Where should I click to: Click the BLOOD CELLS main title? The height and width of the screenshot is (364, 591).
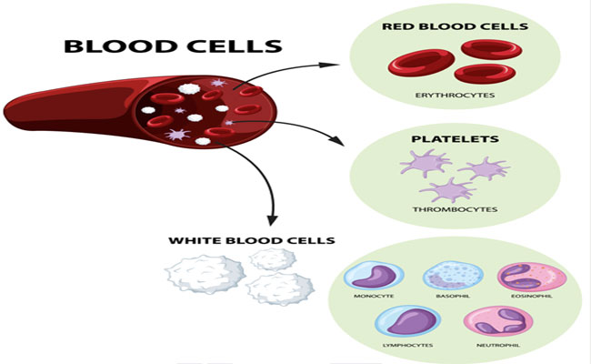tap(173, 46)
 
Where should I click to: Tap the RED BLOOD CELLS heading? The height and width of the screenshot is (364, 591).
tap(455, 26)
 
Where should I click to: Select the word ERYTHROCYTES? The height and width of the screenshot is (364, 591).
tap(455, 95)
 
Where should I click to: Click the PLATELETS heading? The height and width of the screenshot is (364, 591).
tap(455, 139)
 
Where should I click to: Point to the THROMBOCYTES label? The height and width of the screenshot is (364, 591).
tap(455, 209)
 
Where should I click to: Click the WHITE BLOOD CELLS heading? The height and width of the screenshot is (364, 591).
tap(251, 240)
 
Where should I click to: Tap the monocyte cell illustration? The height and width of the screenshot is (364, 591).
tap(374, 276)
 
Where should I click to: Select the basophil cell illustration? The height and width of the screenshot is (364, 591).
tap(453, 276)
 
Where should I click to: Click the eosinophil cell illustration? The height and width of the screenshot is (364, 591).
tap(532, 277)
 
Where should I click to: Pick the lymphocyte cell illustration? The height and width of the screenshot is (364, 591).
tap(408, 321)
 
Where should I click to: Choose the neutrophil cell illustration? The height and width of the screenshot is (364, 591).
tap(498, 321)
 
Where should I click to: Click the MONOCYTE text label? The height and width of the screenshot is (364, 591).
tap(374, 296)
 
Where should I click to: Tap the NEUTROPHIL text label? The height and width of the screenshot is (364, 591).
tap(498, 345)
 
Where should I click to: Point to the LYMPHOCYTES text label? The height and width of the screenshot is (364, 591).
tap(408, 345)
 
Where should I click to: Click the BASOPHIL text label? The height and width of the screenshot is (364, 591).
tap(453, 296)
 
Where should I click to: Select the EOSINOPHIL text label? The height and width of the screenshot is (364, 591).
tap(532, 296)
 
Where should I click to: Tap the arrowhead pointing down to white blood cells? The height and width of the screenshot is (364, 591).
tap(272, 220)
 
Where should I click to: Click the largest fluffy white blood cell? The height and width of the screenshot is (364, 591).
tap(205, 274)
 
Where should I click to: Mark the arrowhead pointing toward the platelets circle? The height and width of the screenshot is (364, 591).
tap(336, 140)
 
